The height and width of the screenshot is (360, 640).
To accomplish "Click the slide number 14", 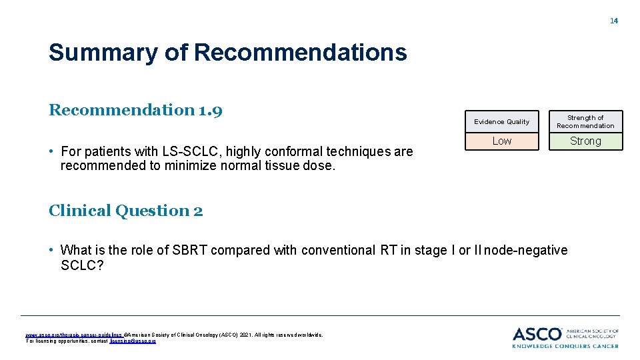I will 614,21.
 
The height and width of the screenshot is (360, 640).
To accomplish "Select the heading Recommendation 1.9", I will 135,109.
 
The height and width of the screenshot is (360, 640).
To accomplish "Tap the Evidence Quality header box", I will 501,121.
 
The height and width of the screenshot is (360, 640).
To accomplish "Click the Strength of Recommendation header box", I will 585,121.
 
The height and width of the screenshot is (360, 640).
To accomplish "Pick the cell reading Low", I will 501,141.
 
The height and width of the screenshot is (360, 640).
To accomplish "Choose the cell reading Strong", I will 585,141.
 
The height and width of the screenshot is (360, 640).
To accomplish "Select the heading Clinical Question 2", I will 126,211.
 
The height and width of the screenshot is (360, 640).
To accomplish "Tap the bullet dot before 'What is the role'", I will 51,250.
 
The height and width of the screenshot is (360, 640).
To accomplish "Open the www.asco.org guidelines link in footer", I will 73,335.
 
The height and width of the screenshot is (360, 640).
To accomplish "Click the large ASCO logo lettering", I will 537,333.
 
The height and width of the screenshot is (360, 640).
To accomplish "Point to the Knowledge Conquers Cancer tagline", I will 565,345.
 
